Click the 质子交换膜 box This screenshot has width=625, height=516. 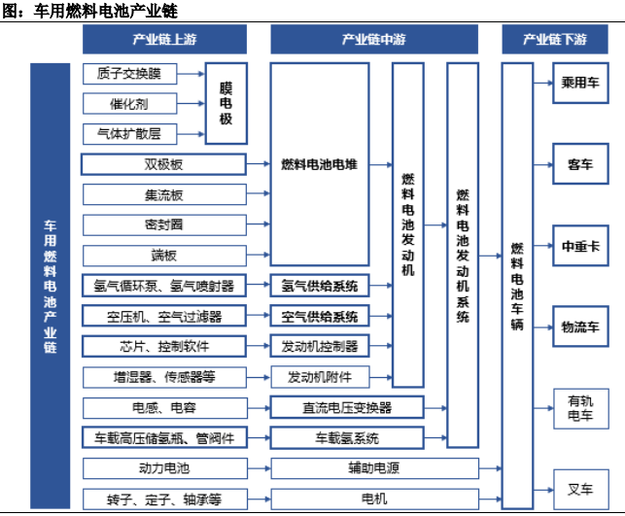[x=129, y=74]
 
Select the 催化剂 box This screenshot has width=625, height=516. [x=129, y=104]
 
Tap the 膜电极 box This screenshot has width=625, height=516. [x=226, y=103]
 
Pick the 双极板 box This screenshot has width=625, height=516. [x=163, y=164]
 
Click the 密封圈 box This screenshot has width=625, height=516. [x=164, y=224]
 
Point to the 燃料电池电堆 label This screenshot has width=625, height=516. [x=319, y=164]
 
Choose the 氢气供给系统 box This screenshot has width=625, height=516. [x=320, y=286]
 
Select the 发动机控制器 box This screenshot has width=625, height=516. [x=320, y=346]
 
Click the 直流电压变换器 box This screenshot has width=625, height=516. [x=347, y=407]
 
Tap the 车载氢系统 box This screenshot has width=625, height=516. [x=347, y=438]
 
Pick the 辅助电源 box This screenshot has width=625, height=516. [x=374, y=468]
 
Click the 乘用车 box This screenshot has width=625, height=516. [x=580, y=83]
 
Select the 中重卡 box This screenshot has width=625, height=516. [x=580, y=246]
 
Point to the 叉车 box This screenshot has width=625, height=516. [x=580, y=490]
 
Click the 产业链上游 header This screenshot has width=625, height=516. [x=164, y=39]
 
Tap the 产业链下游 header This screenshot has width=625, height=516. [x=555, y=39]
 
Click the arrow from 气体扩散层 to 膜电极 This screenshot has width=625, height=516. [x=191, y=134]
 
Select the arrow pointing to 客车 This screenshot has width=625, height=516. [x=543, y=164]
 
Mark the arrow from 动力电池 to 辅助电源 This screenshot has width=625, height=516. [x=260, y=468]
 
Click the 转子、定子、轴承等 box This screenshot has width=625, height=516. [x=165, y=499]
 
